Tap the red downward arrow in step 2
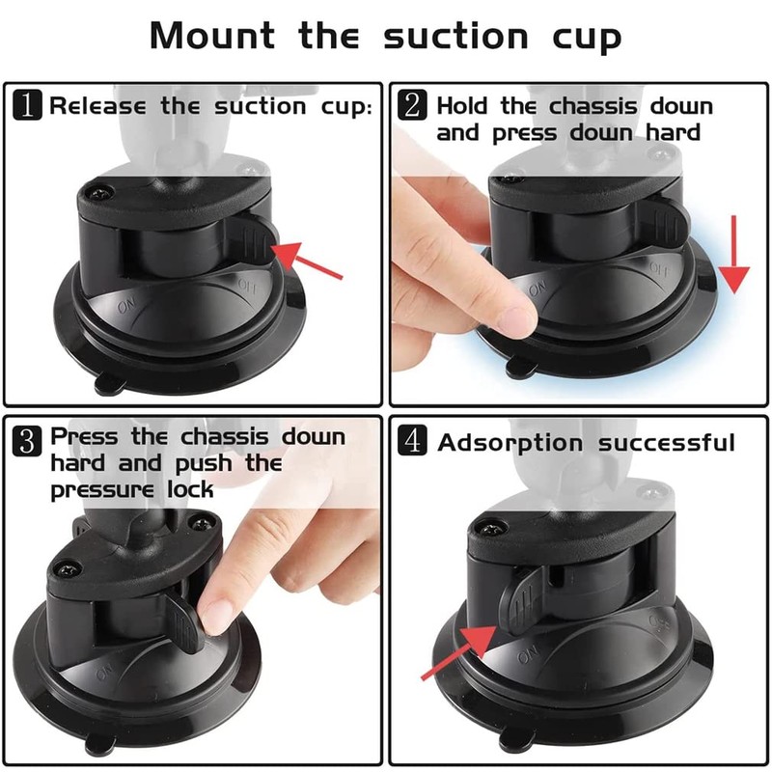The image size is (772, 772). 735,256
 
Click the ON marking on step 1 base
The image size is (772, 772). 126,306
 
